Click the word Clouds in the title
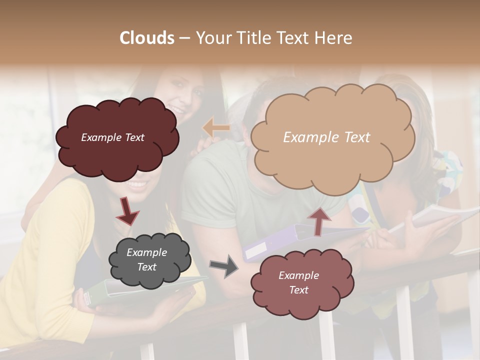[146, 38]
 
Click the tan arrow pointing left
[216, 128]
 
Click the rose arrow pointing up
[319, 220]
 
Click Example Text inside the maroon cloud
[112, 137]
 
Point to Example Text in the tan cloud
[326, 137]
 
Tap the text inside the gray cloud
[146, 260]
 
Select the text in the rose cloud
[298, 282]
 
